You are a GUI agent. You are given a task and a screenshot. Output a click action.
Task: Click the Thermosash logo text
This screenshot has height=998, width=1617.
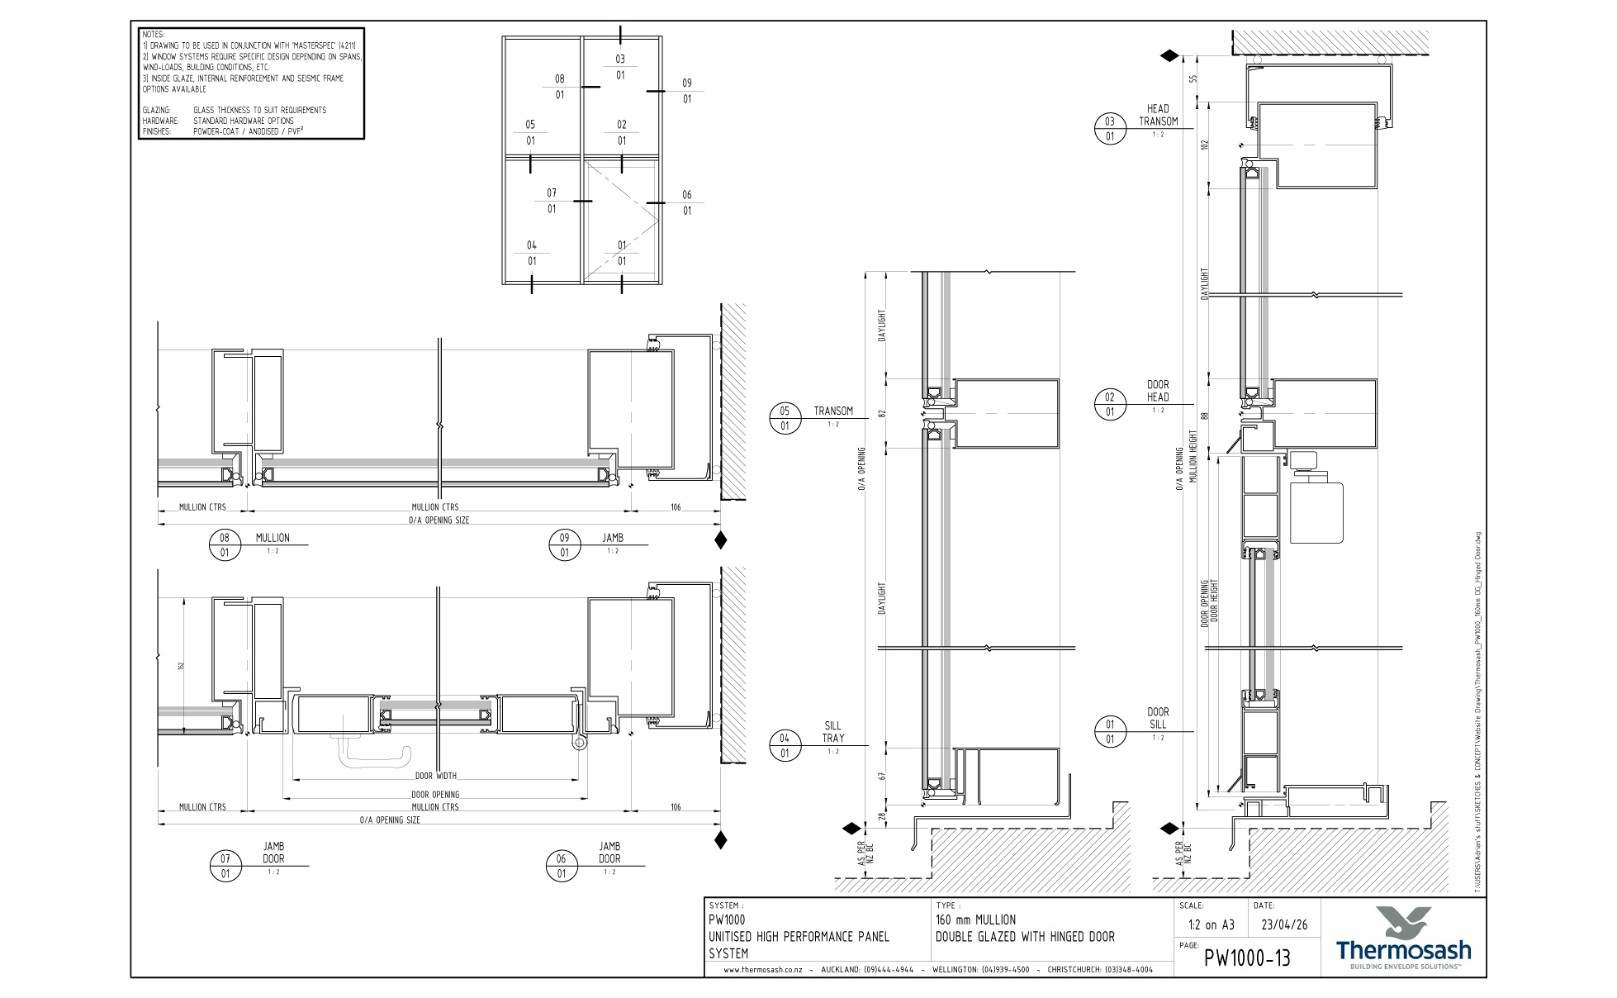[x=1403, y=949]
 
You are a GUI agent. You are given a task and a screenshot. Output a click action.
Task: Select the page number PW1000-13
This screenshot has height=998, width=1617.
[x=1247, y=958]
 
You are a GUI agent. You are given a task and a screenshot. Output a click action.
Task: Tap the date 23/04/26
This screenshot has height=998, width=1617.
[x=1284, y=924]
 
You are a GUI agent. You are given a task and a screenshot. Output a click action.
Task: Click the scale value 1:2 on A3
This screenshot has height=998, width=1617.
[x=1211, y=924]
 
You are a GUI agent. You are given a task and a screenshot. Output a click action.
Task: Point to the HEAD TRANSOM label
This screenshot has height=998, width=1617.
[x=1158, y=115]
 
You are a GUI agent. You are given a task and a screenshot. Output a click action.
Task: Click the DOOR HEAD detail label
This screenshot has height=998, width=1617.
[x=1158, y=391]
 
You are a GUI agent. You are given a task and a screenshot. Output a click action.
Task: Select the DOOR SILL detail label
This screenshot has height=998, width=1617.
[x=1158, y=718]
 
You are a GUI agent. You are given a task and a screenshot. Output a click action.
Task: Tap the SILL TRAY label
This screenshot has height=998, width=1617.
[x=832, y=732]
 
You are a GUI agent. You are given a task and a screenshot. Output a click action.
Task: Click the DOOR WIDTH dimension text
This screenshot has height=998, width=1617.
[x=435, y=776]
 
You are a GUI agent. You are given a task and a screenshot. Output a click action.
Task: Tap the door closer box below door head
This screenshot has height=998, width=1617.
[x=1316, y=512]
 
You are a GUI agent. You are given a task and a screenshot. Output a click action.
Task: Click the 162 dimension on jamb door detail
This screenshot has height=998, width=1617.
[x=180, y=666]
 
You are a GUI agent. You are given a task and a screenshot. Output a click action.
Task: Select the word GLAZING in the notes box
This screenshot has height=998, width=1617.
[x=156, y=110]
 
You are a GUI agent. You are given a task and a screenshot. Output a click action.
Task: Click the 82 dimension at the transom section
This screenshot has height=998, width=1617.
[x=882, y=413]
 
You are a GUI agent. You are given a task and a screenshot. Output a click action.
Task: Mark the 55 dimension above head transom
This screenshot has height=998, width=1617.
[x=1193, y=79]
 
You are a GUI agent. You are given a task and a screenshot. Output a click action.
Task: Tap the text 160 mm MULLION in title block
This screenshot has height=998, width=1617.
[x=975, y=920]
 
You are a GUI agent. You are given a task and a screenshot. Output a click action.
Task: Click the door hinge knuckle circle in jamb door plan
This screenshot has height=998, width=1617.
[x=580, y=744]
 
